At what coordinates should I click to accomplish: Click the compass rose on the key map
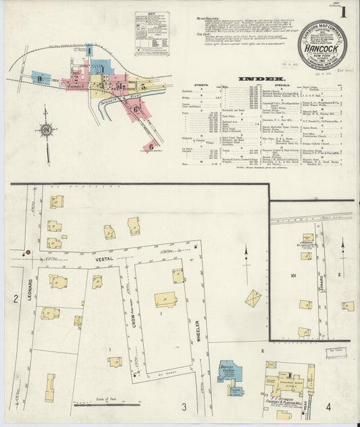pos(46,130)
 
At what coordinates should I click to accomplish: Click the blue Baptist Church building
pos(227,371)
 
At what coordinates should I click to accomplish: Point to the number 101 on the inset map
pos(294,276)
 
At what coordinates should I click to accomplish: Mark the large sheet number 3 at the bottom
pos(183,407)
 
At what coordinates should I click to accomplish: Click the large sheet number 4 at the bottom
pos(328,406)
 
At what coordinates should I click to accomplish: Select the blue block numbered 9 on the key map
pos(41,78)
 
